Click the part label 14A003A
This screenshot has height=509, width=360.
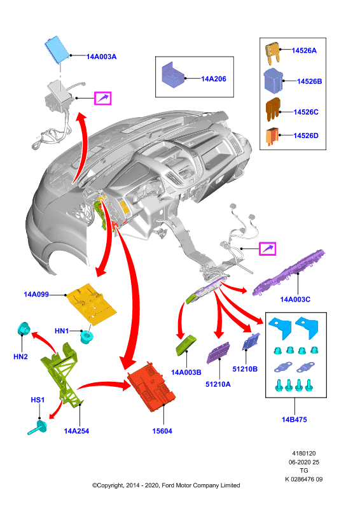point(101,57)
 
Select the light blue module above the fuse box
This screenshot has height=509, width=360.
point(57,50)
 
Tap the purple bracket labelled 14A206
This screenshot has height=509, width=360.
point(173,75)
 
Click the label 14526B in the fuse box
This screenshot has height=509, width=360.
point(309,81)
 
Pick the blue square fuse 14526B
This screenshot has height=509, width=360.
point(273,81)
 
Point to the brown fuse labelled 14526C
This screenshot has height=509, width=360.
point(273,109)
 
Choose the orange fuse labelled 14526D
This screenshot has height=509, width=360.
point(272,136)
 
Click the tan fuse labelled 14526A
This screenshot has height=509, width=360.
point(272,53)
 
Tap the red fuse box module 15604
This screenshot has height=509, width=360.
point(151,387)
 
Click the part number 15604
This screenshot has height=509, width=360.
point(162,431)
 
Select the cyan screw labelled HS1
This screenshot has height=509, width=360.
point(38,427)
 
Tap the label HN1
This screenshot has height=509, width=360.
point(62,331)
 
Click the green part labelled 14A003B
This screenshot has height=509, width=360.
point(186,345)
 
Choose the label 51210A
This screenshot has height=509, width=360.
point(218,384)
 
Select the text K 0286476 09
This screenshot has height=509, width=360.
point(304,479)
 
